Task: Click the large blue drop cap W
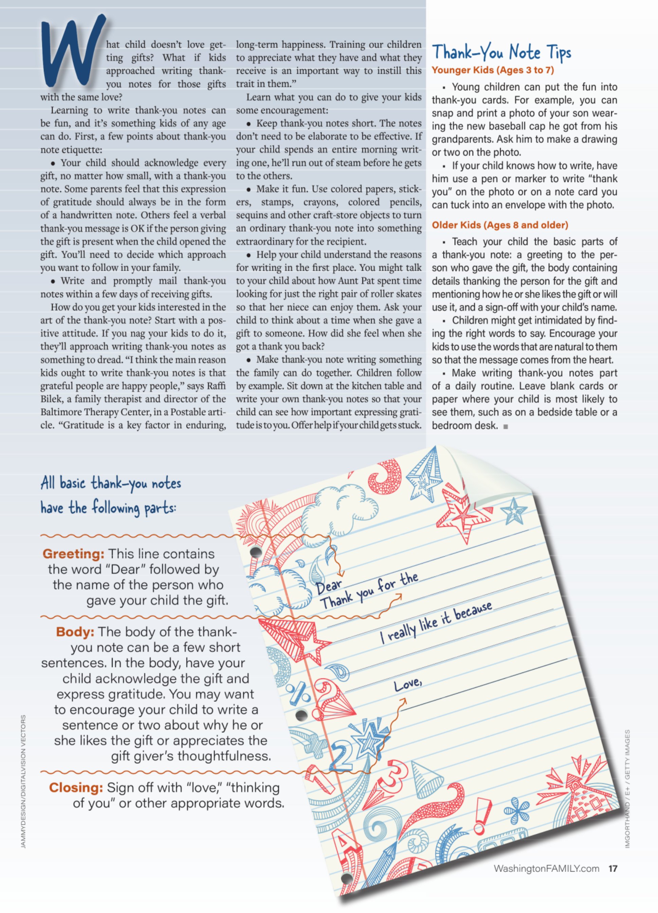72,50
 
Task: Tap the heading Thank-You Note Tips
501,53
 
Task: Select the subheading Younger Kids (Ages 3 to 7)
493,70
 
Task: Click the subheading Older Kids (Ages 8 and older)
500,225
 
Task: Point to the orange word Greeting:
73,554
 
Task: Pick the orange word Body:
75,632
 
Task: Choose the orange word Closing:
76,787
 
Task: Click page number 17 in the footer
613,869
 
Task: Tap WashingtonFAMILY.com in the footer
546,869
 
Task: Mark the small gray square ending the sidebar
506,426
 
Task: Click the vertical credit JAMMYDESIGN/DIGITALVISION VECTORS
23,781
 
